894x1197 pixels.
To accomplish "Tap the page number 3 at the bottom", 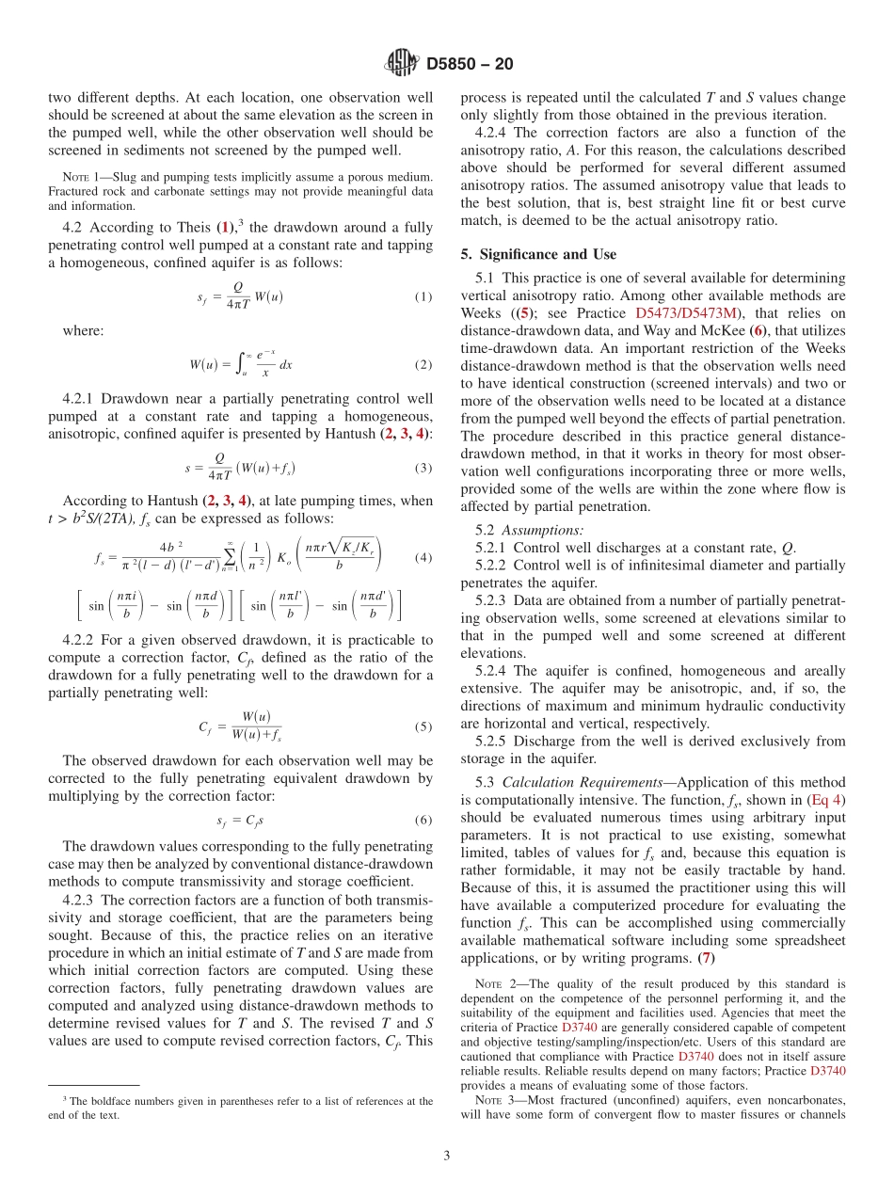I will point(446,1155).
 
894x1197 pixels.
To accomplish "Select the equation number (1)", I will point(423,297).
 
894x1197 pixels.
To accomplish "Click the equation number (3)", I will point(423,468).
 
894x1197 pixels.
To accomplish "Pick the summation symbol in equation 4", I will point(229,557).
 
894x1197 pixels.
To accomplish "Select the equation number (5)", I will point(423,726).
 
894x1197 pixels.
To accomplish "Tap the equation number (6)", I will point(423,820).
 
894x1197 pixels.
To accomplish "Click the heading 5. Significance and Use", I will point(538,254).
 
